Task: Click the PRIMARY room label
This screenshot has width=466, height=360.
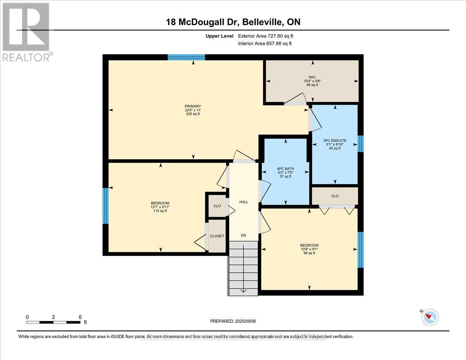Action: pos(193,106)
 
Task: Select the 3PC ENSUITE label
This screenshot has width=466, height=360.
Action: pos(334,140)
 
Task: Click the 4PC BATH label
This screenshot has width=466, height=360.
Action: pos(286,169)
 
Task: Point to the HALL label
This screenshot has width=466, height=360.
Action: pos(243,202)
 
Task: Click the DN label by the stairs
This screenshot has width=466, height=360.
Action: pos(243,235)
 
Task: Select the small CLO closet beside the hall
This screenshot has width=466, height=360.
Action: pos(217,206)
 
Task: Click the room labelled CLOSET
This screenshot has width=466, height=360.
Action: pos(217,236)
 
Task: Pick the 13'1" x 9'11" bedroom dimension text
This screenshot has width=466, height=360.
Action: pos(160,207)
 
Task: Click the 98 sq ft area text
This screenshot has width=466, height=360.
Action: pos(309,253)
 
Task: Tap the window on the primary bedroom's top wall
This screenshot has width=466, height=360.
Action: pos(186,57)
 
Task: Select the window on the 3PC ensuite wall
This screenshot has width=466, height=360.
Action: pos(360,144)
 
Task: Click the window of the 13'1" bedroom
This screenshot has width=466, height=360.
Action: pos(105,206)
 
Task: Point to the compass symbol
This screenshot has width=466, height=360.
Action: pos(429,317)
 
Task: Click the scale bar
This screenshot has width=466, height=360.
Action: pos(54,322)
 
